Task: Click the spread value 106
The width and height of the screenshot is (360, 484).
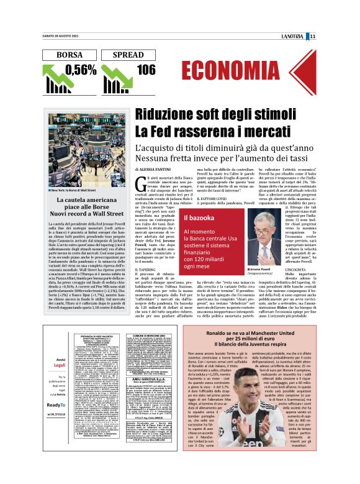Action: pos(146,70)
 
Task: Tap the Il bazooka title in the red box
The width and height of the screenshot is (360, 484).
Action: pos(199,217)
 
